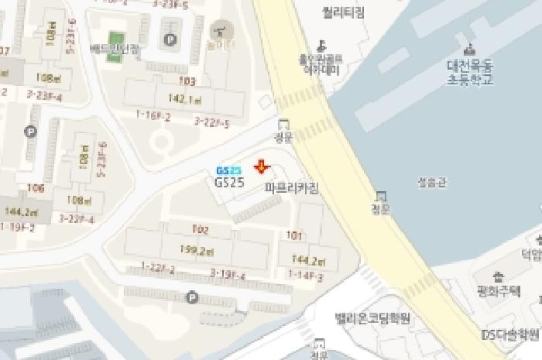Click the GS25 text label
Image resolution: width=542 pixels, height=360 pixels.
[229, 183]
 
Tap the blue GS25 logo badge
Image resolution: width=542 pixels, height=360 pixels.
[229, 170]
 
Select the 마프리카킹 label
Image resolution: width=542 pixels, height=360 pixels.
[291, 188]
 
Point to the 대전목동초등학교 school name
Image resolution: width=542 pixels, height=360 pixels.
[470, 72]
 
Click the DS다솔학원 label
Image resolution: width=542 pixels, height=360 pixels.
[509, 334]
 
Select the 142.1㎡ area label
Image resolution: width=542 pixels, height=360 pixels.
[184, 100]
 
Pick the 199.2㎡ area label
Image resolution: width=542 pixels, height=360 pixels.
[197, 250]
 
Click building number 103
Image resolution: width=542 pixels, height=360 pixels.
[187, 81]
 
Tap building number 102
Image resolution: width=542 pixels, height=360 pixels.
[200, 229]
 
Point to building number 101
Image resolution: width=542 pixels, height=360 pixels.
[293, 235]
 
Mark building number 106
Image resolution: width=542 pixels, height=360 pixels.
[36, 188]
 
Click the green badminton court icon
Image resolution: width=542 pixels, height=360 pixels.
[116, 39]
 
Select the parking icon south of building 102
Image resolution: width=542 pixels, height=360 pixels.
[192, 297]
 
